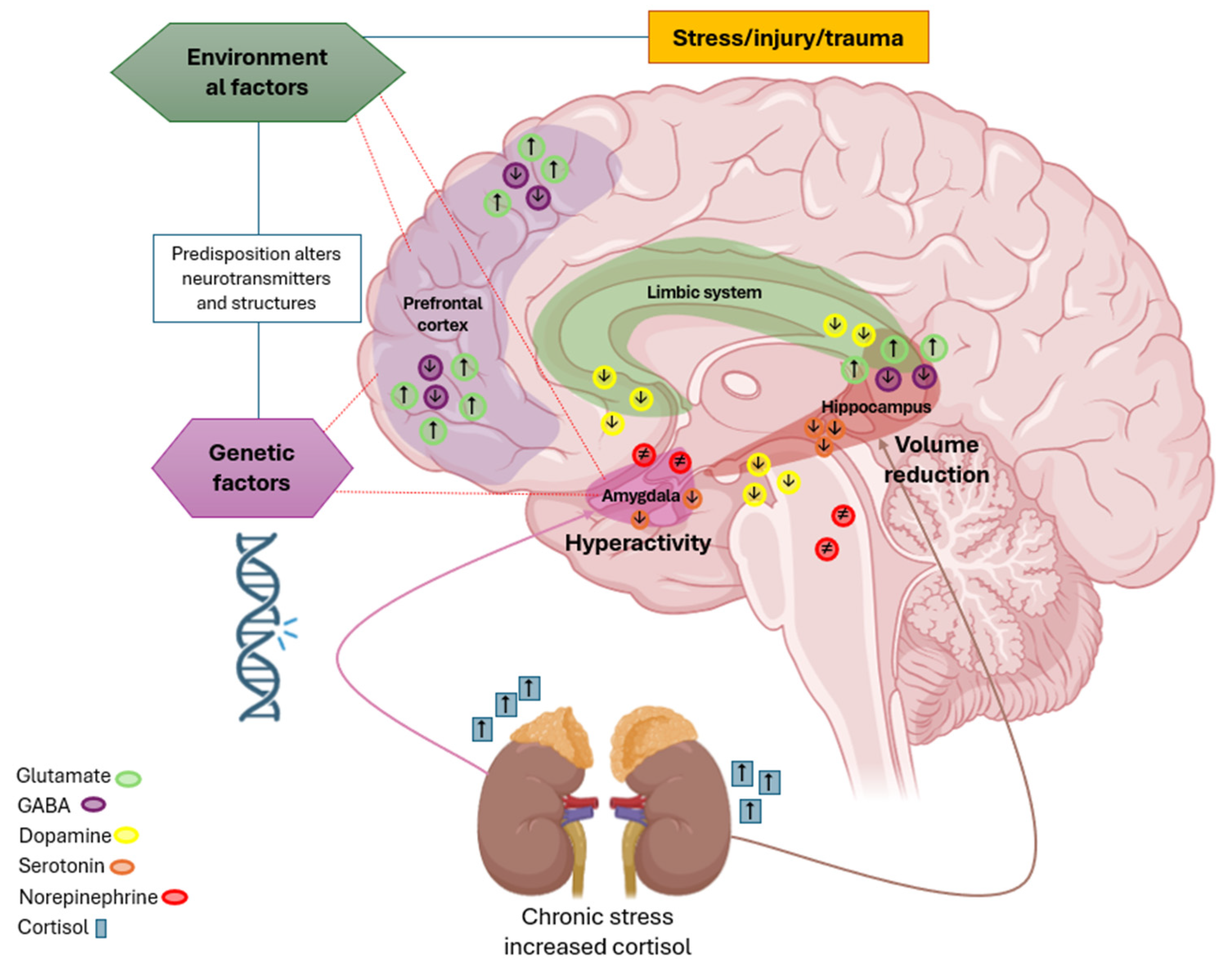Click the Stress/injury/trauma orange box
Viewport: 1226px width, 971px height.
(x=788, y=38)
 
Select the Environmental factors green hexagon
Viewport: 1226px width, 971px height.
(x=257, y=72)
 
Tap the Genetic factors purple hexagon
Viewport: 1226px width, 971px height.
(x=252, y=468)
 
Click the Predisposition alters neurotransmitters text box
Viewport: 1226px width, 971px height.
(x=256, y=278)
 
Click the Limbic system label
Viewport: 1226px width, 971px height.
(x=704, y=292)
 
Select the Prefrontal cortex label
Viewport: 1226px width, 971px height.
(x=442, y=314)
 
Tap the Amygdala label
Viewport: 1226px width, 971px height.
(x=641, y=496)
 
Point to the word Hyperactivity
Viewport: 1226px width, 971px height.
(x=638, y=543)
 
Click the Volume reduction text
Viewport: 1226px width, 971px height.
(x=936, y=460)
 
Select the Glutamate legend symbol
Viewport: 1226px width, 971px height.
(x=128, y=778)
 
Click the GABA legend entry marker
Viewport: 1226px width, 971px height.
(x=93, y=805)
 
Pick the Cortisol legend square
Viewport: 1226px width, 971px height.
(x=101, y=928)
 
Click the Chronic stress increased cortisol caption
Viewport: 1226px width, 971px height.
(x=597, y=931)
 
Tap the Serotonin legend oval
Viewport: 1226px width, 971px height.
(x=122, y=866)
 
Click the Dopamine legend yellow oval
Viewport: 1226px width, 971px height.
(x=126, y=835)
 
